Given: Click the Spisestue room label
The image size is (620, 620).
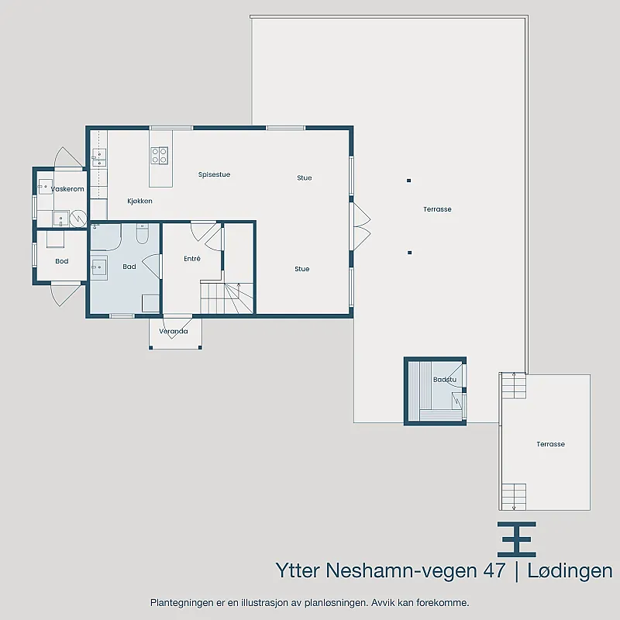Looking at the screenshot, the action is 214,175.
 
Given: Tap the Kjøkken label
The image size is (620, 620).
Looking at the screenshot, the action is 139,201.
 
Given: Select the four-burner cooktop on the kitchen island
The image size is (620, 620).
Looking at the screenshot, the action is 160,156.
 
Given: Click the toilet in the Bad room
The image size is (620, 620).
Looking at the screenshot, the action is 142,234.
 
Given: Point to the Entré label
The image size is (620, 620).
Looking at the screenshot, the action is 192,259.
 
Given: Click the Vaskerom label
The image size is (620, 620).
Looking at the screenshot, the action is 67,189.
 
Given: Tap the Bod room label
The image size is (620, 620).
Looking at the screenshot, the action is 62,261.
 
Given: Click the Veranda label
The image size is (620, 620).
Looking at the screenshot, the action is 173,332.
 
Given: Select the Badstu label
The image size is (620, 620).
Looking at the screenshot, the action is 444,380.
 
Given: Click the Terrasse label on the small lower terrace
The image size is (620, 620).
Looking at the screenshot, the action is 550,444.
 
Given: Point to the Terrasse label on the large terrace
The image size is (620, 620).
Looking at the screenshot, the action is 437,209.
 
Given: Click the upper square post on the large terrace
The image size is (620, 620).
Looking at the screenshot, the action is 409,181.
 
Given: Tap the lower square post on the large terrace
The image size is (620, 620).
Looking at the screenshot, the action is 410,253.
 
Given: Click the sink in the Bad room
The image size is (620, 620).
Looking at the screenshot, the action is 99,267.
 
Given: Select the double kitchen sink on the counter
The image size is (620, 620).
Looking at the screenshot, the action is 99,158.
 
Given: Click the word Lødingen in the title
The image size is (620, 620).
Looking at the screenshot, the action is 570,570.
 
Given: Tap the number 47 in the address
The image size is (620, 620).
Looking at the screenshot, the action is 494,570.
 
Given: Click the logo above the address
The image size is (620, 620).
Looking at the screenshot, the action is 516,539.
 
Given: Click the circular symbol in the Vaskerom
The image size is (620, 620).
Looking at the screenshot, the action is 78,219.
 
